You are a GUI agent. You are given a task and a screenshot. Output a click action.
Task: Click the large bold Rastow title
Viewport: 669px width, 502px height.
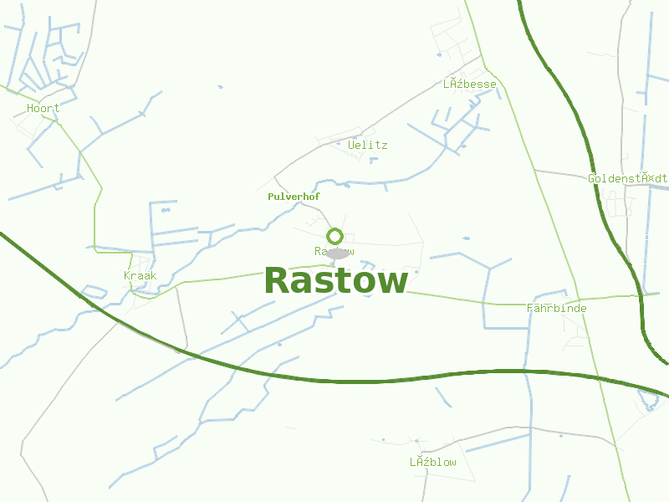pos(336,281)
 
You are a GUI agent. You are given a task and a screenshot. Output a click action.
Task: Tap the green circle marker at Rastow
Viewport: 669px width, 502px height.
pos(335,236)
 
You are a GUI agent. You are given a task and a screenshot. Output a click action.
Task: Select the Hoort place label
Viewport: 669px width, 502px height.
pos(43,109)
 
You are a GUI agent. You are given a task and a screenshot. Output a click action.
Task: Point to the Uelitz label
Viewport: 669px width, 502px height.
pos(367,145)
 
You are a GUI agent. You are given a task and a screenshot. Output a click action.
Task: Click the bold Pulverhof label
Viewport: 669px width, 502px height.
pos(294,197)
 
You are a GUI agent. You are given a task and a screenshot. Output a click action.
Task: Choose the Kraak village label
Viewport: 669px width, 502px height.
pos(140,275)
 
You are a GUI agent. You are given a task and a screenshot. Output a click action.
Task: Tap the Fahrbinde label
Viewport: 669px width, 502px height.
pos(556,309)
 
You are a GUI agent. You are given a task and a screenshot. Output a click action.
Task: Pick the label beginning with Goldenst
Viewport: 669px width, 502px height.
pos(627,178)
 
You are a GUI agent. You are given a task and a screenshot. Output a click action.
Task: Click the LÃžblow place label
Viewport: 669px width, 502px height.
pos(432,463)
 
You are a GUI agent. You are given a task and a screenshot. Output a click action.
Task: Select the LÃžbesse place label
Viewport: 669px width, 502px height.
pos(469,85)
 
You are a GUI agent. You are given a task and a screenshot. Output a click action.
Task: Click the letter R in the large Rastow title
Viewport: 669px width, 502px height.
pos(278,281)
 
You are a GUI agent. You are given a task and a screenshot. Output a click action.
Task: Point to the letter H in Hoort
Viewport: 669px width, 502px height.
pos(30,109)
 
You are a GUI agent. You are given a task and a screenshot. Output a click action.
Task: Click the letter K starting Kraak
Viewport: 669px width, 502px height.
pos(127,275)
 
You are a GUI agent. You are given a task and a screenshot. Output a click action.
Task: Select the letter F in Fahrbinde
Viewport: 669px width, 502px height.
pos(530,309)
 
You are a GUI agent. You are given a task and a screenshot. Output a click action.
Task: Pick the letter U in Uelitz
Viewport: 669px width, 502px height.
pos(351,145)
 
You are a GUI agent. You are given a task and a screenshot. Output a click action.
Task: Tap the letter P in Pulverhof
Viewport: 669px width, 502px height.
pos(270,197)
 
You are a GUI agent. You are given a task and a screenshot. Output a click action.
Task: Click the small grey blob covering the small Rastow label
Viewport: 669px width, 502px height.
pos(337,254)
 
